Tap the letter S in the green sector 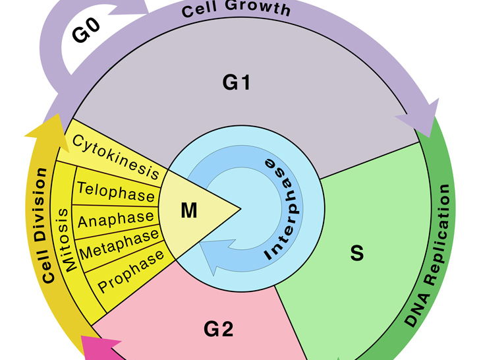click(x=356, y=253)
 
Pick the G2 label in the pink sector click(x=218, y=328)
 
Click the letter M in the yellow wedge click(x=189, y=210)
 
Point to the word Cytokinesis click(x=116, y=157)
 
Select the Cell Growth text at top click(x=236, y=9)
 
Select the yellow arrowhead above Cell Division click(x=43, y=129)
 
